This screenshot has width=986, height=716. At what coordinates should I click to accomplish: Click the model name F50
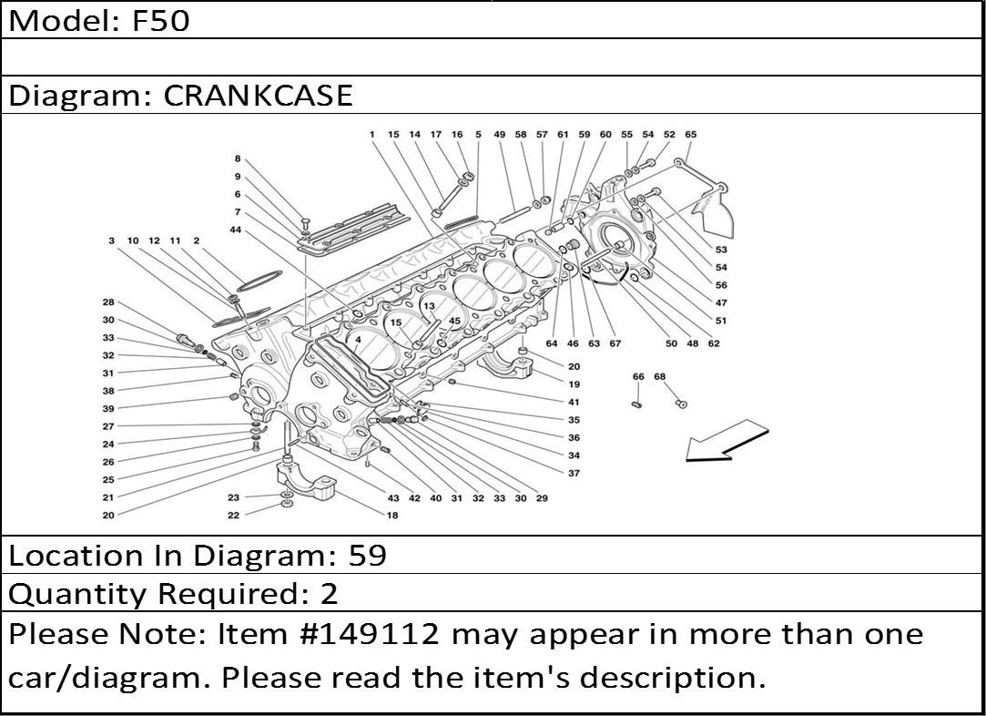pyautogui.click(x=161, y=20)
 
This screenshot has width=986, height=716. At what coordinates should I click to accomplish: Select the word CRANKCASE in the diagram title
pyautogui.click(x=258, y=96)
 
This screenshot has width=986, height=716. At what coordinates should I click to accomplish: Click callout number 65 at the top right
pyautogui.click(x=690, y=135)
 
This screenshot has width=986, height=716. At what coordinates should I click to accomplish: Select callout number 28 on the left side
pyautogui.click(x=108, y=302)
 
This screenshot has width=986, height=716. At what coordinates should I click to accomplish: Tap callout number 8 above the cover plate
pyautogui.click(x=238, y=159)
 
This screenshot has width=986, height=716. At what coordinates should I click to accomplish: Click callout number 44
pyautogui.click(x=236, y=230)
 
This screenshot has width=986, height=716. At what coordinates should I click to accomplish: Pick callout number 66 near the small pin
pyautogui.click(x=638, y=377)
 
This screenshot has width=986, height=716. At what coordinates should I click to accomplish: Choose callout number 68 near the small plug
pyautogui.click(x=660, y=377)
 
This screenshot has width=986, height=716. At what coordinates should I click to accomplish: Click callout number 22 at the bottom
pyautogui.click(x=233, y=516)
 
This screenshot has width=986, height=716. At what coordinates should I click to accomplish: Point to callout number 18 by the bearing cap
pyautogui.click(x=392, y=516)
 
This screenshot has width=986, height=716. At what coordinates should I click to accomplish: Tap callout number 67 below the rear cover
pyautogui.click(x=615, y=343)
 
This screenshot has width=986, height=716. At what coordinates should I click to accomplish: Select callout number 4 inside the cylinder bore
pyautogui.click(x=359, y=340)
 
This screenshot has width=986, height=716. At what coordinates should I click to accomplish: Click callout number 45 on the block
pyautogui.click(x=454, y=321)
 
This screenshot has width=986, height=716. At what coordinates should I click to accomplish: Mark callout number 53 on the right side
pyautogui.click(x=721, y=250)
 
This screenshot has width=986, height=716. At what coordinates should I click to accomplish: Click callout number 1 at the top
pyautogui.click(x=372, y=135)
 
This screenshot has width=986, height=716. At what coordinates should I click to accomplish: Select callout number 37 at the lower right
pyautogui.click(x=574, y=474)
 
